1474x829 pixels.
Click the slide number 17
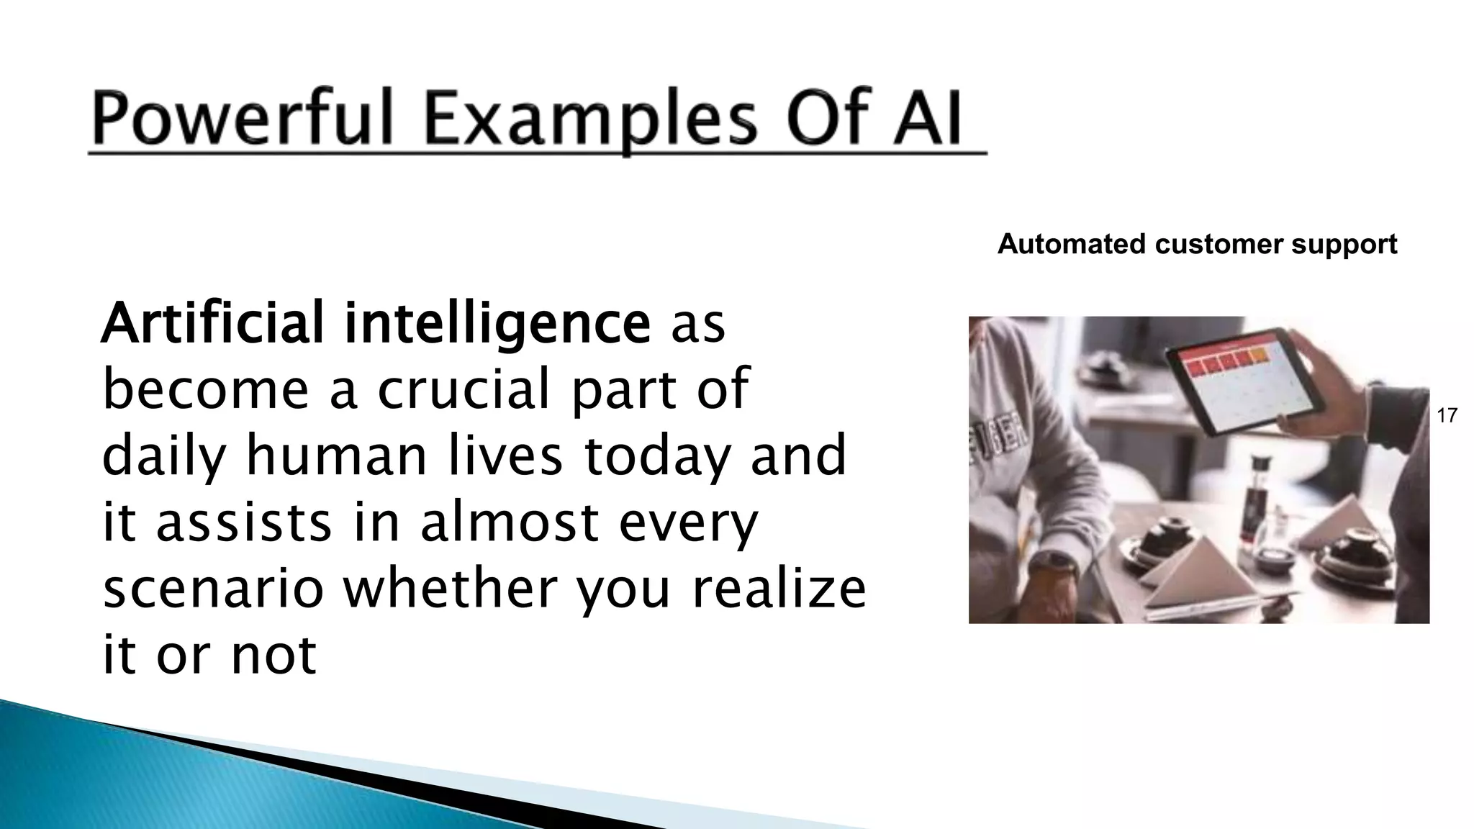tap(1447, 415)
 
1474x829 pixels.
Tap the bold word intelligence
tap(497, 325)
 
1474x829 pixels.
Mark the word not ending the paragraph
tap(273, 654)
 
